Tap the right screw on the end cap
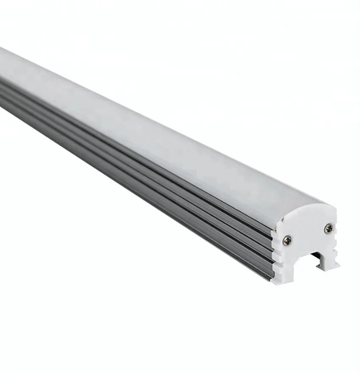pos(328,229)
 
